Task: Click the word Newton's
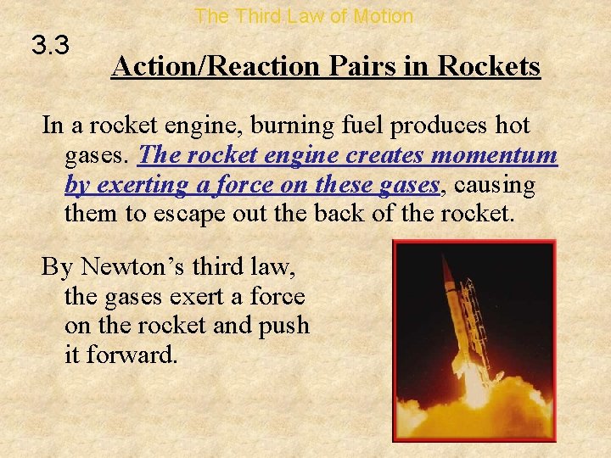[x=136, y=268]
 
